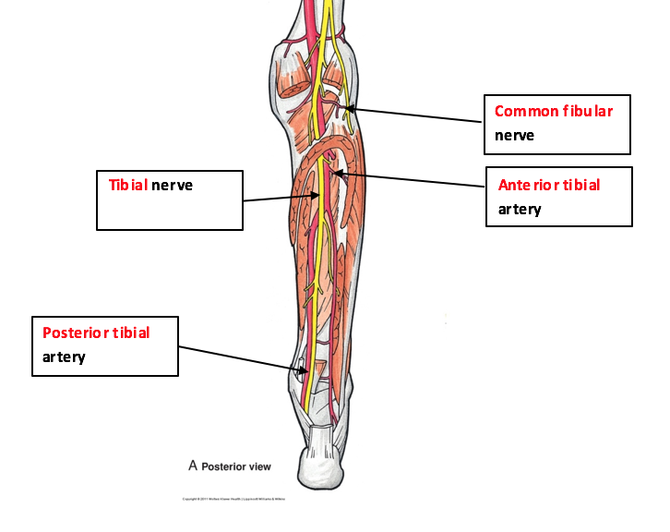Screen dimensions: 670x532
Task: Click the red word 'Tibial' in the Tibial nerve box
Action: (128, 185)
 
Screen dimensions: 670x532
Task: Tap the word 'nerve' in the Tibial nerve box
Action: (172, 185)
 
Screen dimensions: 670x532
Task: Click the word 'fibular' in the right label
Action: (588, 111)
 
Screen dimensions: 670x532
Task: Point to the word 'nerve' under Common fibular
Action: (514, 135)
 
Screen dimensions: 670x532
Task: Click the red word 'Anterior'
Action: (526, 185)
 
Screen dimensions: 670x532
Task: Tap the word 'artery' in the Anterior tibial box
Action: (520, 209)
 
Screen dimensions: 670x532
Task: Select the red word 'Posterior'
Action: (76, 332)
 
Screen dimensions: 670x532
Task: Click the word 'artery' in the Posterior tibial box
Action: (64, 357)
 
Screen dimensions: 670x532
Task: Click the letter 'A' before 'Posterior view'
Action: (193, 465)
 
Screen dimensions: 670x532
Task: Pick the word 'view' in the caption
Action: (257, 466)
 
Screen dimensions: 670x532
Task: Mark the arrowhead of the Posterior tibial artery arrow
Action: (305, 371)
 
